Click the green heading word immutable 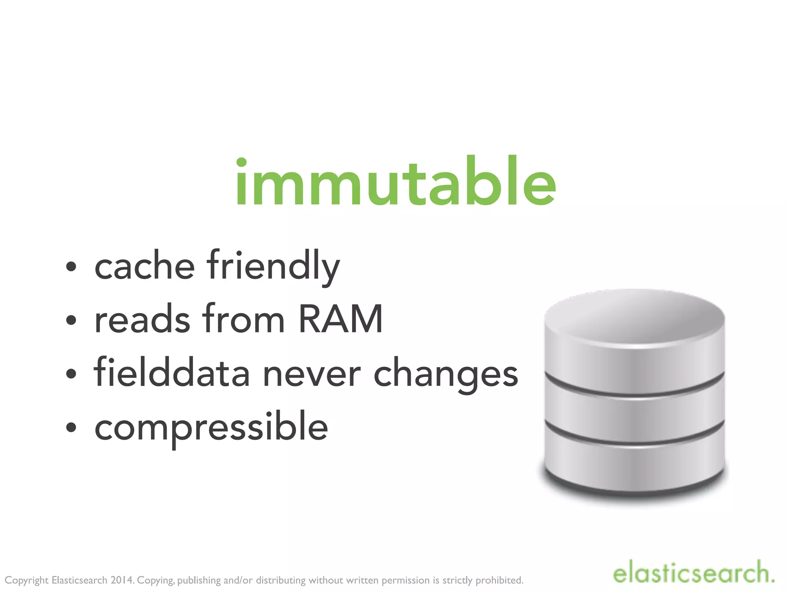click(396, 182)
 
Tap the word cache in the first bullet click(145, 266)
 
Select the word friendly click(273, 266)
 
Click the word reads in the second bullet click(142, 319)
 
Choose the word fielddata click(172, 372)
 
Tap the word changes click(446, 375)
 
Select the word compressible click(211, 427)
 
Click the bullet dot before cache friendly click(71, 267)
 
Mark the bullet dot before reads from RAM click(71, 320)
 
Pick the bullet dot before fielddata click(71, 374)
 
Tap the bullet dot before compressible click(71, 427)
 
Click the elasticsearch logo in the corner click(694, 573)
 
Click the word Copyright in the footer click(27, 580)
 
